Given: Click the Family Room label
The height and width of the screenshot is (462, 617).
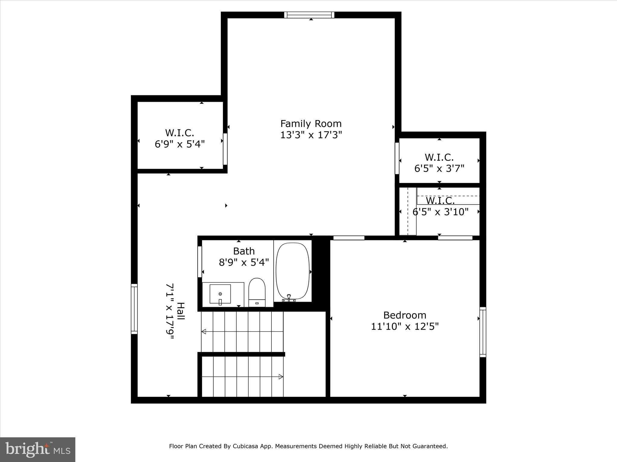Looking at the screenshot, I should [311, 124].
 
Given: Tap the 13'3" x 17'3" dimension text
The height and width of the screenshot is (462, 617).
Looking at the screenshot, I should [311, 135].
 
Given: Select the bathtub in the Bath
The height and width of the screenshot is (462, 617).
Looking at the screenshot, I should [293, 271].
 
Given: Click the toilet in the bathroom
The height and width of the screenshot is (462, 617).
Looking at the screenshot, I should [257, 292].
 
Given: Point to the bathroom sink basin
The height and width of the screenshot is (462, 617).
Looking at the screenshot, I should [220, 294].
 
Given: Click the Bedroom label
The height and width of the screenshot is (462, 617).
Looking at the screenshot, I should [405, 315].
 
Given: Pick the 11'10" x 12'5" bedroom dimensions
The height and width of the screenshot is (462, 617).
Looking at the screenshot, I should [405, 326].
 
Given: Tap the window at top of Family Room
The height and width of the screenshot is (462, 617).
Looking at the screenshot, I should [309, 15].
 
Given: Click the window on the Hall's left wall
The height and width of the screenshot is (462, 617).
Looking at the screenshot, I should [134, 309].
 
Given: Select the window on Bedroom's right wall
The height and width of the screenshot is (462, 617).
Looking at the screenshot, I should [483, 332].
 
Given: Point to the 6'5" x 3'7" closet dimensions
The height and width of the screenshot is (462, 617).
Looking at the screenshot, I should [439, 168].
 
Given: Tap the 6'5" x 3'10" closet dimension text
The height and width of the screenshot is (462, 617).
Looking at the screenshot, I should [440, 212].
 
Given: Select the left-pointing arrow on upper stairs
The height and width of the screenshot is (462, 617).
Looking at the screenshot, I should [204, 331].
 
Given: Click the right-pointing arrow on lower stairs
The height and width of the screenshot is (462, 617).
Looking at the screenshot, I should [280, 377].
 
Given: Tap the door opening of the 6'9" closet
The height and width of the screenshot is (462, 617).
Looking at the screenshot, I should [225, 149].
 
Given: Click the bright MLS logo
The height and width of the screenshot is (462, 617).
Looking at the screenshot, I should [38, 449].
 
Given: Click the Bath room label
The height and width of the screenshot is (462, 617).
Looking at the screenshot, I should [244, 251].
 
